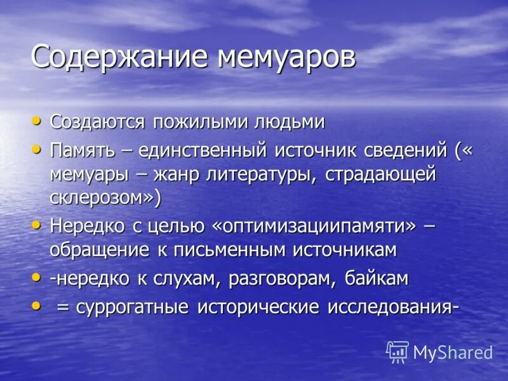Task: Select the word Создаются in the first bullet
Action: tap(98, 121)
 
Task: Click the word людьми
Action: tap(290, 121)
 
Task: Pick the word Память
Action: tap(82, 151)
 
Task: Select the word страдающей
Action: tap(381, 174)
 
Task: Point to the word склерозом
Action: tap(102, 197)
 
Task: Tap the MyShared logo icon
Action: tap(398, 351)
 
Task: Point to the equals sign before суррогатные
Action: tap(63, 307)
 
